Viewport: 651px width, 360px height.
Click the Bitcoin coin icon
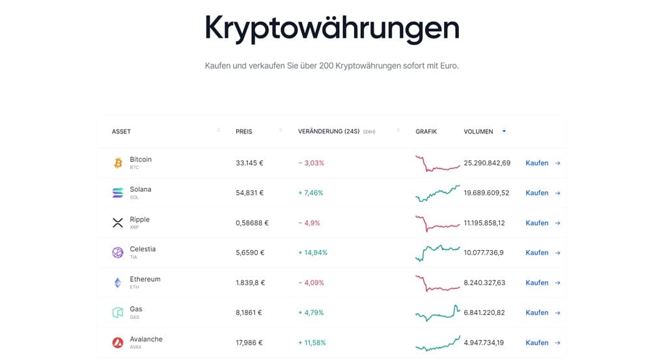click(x=118, y=163)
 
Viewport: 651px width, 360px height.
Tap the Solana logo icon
click(x=118, y=193)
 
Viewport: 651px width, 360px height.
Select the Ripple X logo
click(x=118, y=223)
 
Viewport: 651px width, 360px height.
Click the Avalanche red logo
click(x=118, y=342)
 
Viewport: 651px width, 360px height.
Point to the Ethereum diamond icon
click(x=118, y=283)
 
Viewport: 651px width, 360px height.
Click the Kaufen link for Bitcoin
click(x=537, y=163)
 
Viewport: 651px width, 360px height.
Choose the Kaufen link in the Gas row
click(x=537, y=312)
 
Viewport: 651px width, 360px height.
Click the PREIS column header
click(x=243, y=132)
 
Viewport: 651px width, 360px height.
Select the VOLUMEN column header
click(x=478, y=132)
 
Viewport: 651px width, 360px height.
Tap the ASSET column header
click(x=121, y=132)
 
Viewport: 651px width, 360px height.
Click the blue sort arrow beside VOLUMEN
click(x=504, y=132)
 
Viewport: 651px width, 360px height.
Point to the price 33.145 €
click(x=249, y=163)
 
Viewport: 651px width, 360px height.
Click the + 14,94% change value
click(x=312, y=253)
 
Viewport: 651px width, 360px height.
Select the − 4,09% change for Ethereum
click(x=311, y=283)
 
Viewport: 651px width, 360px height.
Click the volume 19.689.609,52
click(x=486, y=193)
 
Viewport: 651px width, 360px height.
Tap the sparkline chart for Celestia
click(x=437, y=252)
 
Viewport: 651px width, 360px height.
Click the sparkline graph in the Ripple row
click(x=437, y=223)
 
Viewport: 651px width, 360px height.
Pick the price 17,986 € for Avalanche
click(x=249, y=342)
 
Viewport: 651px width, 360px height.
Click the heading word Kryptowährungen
click(x=332, y=27)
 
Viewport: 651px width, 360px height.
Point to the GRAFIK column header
click(x=426, y=132)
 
